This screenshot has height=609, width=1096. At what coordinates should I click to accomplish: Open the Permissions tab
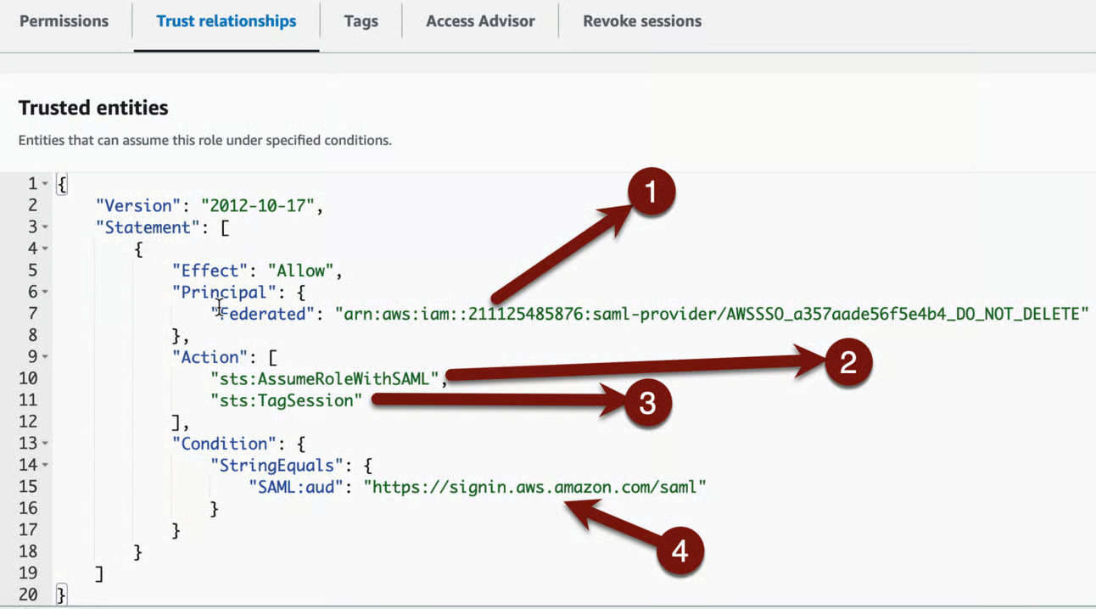coord(64,21)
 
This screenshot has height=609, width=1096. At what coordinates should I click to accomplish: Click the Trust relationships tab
coord(226,21)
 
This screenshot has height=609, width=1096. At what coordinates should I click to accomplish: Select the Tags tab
coord(361,21)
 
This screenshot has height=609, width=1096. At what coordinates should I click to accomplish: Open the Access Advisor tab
coord(480,21)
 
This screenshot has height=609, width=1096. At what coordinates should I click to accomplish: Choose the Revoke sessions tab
coord(642,21)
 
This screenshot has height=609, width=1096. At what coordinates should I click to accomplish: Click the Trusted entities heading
coord(93,108)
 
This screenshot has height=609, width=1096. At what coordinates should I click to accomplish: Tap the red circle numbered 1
coord(651,191)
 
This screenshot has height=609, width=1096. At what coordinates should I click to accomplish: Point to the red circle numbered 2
coord(848,362)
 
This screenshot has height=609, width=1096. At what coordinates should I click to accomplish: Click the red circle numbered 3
coord(647,403)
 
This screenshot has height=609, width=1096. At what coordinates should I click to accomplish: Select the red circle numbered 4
coord(680,550)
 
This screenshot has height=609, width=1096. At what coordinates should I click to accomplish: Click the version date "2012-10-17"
coord(258,205)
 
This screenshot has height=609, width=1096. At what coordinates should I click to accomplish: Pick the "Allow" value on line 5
coord(301,271)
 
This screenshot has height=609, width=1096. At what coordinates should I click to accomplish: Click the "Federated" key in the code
coord(262,314)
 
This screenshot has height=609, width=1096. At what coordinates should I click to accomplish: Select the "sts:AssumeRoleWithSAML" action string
coord(324,378)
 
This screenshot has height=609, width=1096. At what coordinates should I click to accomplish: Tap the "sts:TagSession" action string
coord(286,400)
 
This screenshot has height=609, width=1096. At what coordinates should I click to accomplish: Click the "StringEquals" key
coord(277,465)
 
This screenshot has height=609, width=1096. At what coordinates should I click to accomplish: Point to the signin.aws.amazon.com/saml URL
coord(534,487)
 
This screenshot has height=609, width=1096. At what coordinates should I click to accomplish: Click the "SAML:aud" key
coord(295,487)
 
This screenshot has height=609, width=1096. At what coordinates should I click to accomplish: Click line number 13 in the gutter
coord(28,443)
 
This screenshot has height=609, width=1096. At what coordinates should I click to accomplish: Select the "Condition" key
coord(225,444)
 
